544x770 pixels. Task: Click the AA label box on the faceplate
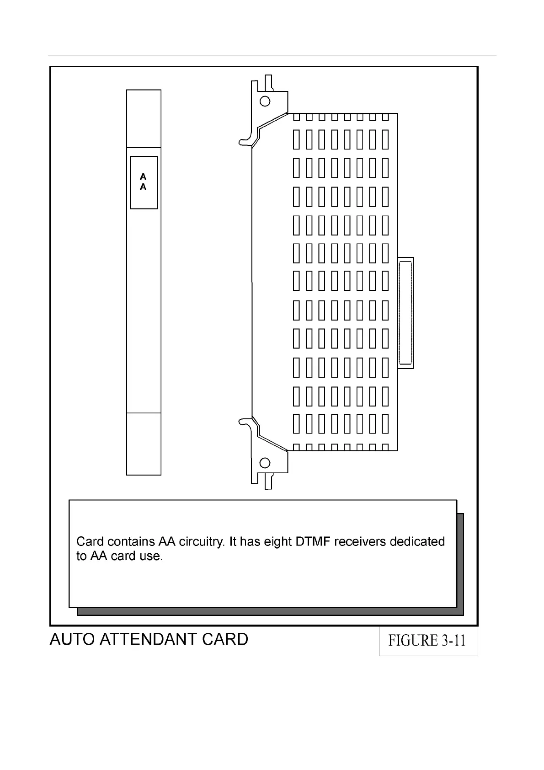(x=144, y=182)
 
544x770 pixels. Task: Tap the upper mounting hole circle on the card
(x=265, y=101)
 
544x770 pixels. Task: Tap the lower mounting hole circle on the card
(x=265, y=463)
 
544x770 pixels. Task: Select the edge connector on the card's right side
(x=405, y=313)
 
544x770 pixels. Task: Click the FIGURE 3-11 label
(x=427, y=641)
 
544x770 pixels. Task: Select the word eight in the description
(x=277, y=542)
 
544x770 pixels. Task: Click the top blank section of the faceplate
(x=144, y=119)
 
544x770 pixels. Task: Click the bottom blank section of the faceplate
(x=144, y=444)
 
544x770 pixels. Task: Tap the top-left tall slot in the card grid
(x=296, y=139)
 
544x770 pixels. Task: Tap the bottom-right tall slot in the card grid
(x=385, y=423)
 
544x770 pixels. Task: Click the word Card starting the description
(x=90, y=542)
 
